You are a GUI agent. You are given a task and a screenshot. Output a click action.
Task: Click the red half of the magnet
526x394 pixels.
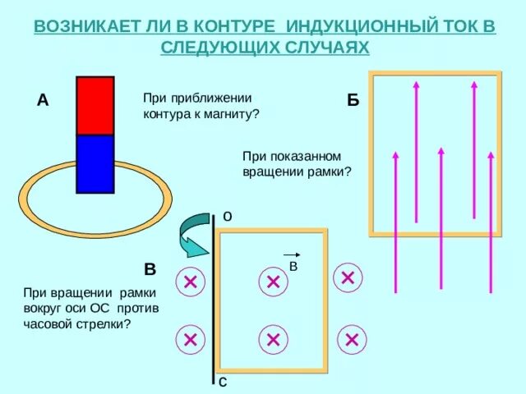tap(95, 105)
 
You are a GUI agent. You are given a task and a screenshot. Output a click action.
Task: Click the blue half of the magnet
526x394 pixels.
tap(95, 163)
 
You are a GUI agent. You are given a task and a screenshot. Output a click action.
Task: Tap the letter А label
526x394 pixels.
tap(43, 101)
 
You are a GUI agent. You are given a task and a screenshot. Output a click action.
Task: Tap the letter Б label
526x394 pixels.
tap(353, 101)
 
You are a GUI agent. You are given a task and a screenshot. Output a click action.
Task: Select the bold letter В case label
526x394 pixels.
tap(150, 269)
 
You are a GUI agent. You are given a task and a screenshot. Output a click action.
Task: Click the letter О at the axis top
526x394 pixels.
tap(226, 216)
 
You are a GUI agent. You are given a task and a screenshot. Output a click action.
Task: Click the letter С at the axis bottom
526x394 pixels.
tap(224, 383)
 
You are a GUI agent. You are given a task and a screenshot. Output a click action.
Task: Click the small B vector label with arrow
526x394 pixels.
tap(293, 262)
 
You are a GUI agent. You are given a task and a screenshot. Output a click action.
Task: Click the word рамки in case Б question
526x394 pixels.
tap(326, 172)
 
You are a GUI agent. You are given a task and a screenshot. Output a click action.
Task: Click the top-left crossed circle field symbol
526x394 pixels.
tap(190, 282)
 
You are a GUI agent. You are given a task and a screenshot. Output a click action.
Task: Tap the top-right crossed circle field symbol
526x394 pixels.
tap(348, 277)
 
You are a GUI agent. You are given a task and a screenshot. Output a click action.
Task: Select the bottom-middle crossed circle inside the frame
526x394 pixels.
tap(273, 339)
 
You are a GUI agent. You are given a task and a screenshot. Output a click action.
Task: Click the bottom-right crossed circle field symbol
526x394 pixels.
tap(352, 339)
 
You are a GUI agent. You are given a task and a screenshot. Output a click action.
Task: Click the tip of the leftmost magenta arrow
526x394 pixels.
tap(396, 154)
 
